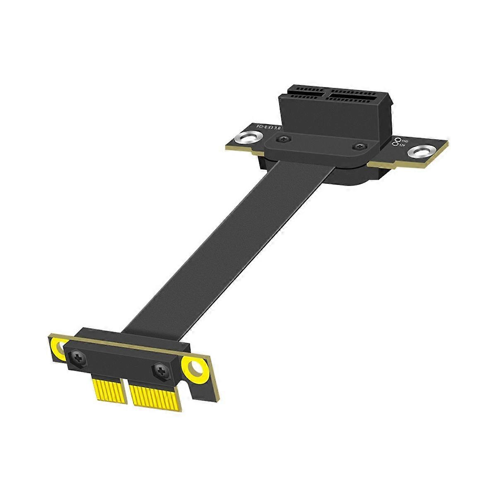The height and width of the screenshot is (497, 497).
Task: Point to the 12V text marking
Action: [401, 146]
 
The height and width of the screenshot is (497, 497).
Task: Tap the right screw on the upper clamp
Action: [359, 147]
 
